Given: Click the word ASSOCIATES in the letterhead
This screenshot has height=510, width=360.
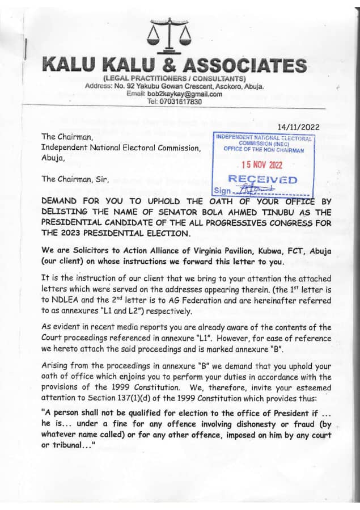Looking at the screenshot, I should click(x=251, y=65).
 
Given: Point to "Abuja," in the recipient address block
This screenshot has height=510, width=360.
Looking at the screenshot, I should click(x=54, y=159).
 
